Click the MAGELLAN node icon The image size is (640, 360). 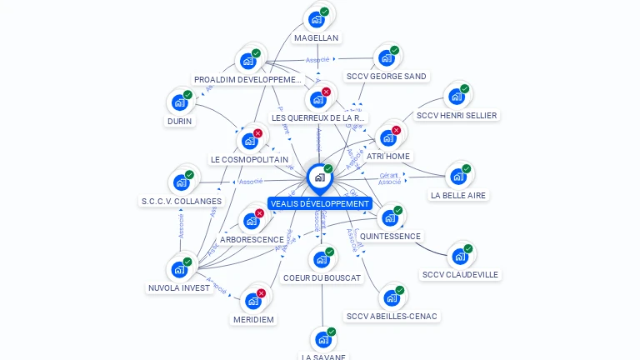point(316,19)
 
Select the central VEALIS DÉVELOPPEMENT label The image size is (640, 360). point(319,203)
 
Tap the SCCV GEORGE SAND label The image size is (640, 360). point(386,77)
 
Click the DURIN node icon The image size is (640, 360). point(179,103)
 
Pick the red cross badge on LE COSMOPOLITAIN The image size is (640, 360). point(257,133)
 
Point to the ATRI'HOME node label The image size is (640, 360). point(388,157)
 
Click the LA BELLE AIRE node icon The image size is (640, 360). point(457,177)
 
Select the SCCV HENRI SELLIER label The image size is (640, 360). point(456,116)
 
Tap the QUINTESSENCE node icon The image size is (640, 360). point(389,218)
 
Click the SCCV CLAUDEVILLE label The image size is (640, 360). point(460,275)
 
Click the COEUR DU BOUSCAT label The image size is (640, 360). point(322,277)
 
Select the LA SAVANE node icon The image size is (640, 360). point(322,340)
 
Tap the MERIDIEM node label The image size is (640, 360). point(253,319)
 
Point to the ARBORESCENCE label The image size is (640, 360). point(252,240)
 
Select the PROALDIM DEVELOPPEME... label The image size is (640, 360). point(247,80)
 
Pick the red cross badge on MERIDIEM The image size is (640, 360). point(261,293)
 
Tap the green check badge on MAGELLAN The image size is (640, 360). point(324,12)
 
